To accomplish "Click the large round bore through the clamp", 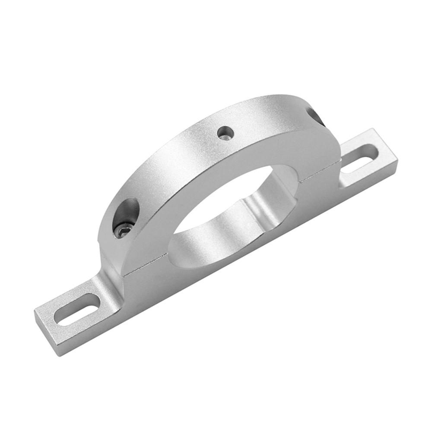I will click(225, 203).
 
